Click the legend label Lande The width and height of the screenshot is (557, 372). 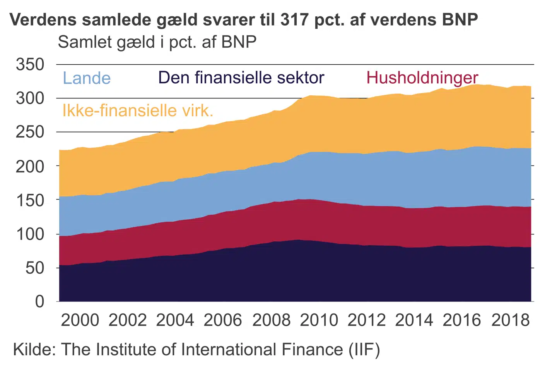click(87, 78)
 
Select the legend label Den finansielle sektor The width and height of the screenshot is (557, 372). click(241, 78)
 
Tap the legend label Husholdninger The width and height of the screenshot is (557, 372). click(422, 78)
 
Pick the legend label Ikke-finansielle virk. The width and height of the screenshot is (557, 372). click(138, 111)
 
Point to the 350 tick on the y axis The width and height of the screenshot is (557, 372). click(30, 64)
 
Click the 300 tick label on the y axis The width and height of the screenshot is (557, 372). click(30, 98)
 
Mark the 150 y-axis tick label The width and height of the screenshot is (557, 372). click(30, 200)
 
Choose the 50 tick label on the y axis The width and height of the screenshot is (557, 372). click(35, 268)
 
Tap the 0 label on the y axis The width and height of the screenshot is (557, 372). click(40, 301)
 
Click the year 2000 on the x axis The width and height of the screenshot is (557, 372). click(80, 320)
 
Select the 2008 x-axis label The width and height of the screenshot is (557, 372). click(271, 320)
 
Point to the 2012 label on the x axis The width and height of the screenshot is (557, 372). click(366, 320)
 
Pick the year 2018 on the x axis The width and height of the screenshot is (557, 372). click(510, 320)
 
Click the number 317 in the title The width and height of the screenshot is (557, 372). click(294, 19)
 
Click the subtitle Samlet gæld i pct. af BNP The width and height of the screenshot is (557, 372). click(157, 42)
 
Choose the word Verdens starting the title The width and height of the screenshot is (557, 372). click(43, 19)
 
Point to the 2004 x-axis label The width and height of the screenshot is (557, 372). click(175, 320)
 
